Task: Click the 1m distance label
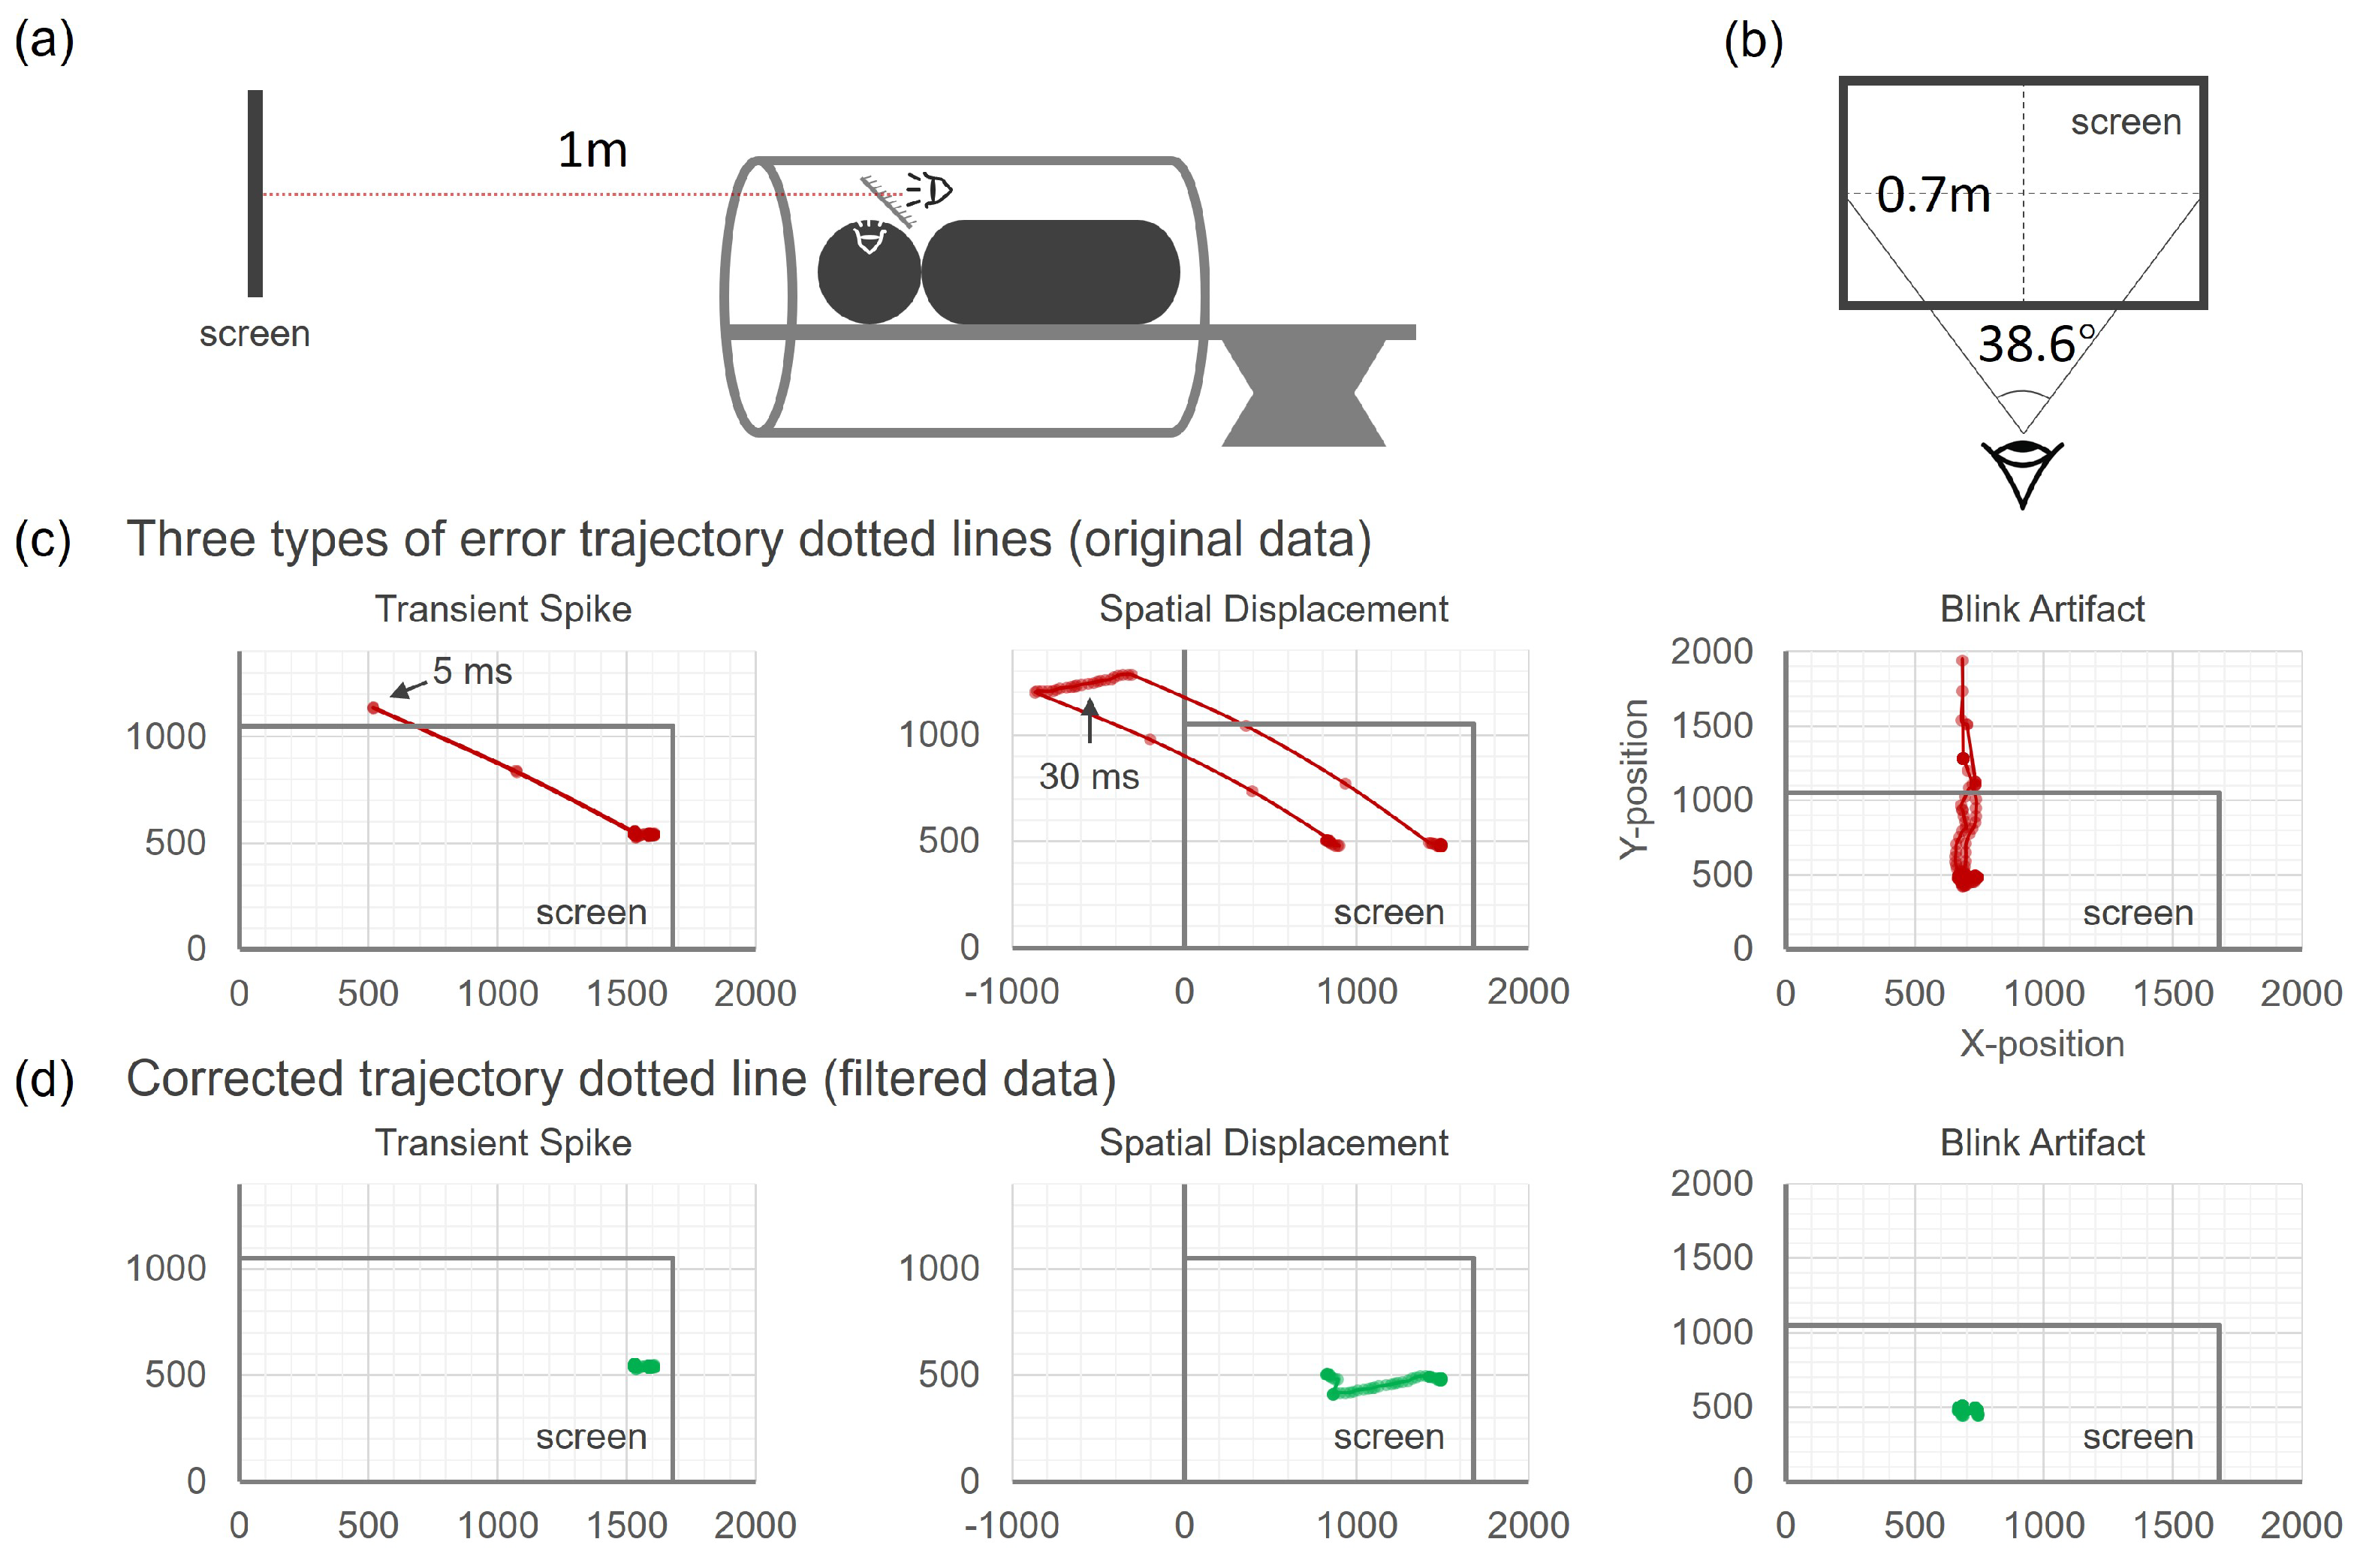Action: click(x=592, y=150)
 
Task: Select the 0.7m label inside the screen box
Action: click(x=1932, y=194)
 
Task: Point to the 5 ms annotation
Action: click(x=472, y=672)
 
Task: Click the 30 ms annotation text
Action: click(x=1089, y=776)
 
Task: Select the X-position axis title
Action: click(x=2042, y=1043)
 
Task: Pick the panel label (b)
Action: click(x=1753, y=42)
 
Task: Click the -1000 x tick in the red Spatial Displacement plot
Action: click(x=1011, y=992)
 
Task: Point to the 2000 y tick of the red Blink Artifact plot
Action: click(x=1711, y=651)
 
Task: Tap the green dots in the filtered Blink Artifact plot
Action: click(x=1968, y=1411)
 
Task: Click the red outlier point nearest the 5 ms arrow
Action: click(x=374, y=708)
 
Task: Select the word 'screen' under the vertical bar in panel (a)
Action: click(x=255, y=334)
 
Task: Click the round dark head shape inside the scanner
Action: click(x=869, y=272)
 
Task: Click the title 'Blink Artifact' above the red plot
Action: click(x=2042, y=609)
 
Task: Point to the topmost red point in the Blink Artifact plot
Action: click(x=1962, y=661)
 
